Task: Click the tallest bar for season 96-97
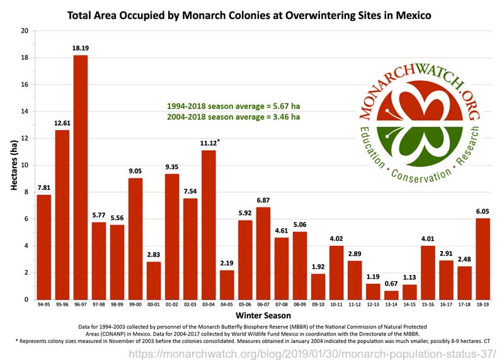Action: [x=81, y=177]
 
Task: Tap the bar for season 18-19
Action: [x=483, y=258]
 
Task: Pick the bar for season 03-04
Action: [x=209, y=224]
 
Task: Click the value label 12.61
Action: [x=62, y=123]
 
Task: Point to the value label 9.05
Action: [x=136, y=171]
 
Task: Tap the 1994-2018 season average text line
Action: [x=232, y=106]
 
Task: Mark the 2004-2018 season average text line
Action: [x=232, y=117]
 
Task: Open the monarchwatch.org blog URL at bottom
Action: [x=312, y=354]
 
